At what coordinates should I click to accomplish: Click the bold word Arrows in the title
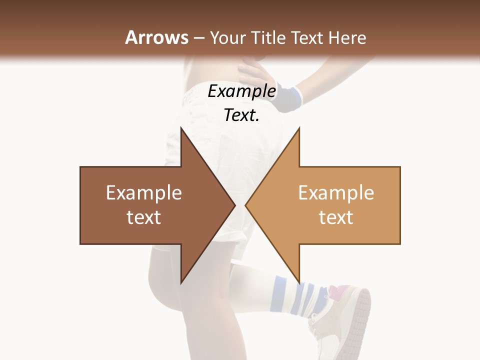tap(156, 37)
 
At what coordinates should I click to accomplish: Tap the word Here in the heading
tap(348, 38)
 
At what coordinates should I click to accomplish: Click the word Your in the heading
tap(228, 38)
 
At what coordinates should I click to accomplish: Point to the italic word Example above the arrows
tap(241, 91)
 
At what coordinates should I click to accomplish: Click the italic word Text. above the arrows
tap(241, 115)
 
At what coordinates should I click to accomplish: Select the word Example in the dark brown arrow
tap(143, 193)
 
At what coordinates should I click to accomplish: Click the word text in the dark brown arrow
tap(143, 217)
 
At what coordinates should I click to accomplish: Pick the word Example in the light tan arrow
tap(336, 193)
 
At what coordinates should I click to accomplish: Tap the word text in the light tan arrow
tap(336, 217)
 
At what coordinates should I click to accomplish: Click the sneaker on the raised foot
tap(340, 315)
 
